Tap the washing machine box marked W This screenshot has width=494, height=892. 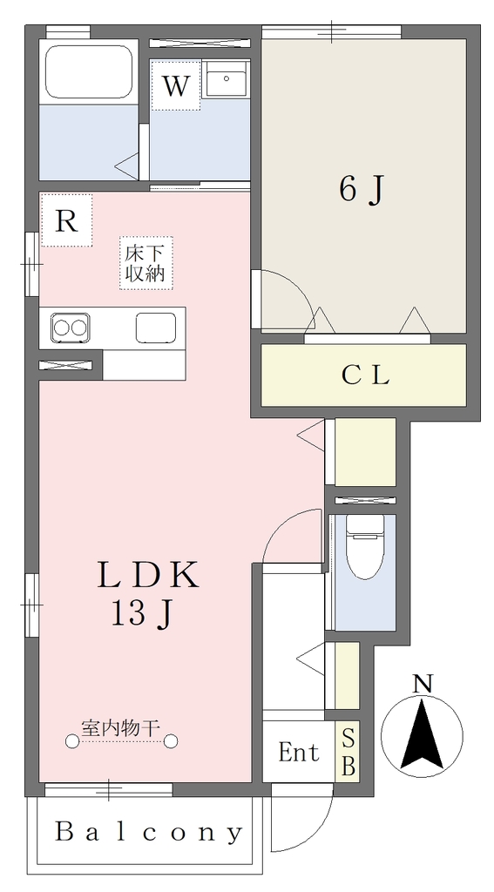point(176,85)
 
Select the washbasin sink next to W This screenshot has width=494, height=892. point(226,79)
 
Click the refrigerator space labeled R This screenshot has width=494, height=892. point(66,220)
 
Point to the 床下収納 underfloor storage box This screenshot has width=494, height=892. point(145,263)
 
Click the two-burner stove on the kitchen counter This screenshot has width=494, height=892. point(71,328)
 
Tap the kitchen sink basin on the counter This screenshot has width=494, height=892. point(156,328)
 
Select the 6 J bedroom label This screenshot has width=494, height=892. point(360,189)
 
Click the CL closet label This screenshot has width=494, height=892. point(365,375)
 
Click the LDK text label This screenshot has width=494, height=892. point(148,575)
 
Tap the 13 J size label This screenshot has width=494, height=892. point(141,614)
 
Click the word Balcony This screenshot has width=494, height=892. point(148,833)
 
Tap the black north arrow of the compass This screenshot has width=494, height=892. point(422,736)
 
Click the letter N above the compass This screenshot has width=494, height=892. point(423,684)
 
